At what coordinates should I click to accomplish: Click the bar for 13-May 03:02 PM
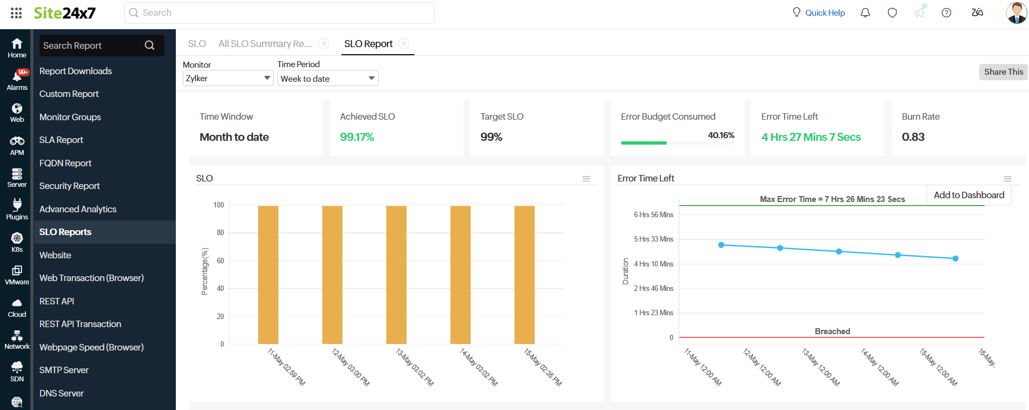click(x=396, y=275)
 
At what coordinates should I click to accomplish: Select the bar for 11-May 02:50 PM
click(x=268, y=275)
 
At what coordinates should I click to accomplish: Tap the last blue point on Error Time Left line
click(x=955, y=258)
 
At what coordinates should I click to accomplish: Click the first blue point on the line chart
click(x=721, y=245)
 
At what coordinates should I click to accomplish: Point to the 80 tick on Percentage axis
click(x=220, y=233)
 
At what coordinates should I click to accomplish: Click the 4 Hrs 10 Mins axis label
click(x=654, y=264)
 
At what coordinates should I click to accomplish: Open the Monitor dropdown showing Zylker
click(x=228, y=79)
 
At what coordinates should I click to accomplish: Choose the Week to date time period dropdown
click(x=327, y=79)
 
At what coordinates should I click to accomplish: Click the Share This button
click(x=1003, y=72)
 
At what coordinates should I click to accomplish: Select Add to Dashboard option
click(x=968, y=195)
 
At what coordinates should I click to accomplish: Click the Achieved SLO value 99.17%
click(x=357, y=137)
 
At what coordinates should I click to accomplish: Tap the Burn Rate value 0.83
click(x=913, y=137)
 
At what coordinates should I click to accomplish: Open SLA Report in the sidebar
click(x=61, y=140)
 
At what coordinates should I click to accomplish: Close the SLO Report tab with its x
click(x=404, y=44)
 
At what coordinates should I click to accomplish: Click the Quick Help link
click(x=824, y=13)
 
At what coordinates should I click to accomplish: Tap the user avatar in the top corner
click(x=1016, y=12)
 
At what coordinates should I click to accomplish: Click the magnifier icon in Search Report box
click(x=149, y=45)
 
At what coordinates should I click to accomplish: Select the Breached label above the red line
click(x=832, y=331)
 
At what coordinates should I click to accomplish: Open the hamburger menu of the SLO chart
click(x=586, y=179)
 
